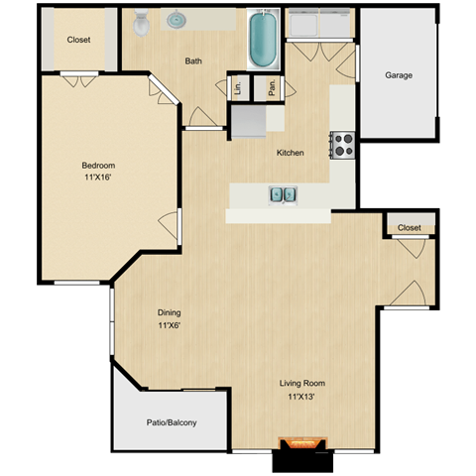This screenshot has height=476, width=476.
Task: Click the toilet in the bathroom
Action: pos(141,20)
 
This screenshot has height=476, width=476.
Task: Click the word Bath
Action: pos(194,61)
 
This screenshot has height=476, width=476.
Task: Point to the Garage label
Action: pos(399,75)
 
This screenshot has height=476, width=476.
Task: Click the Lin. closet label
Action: pos(238,87)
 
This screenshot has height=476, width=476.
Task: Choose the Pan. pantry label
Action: pos(271,87)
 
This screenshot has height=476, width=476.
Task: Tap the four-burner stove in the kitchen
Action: pos(342,145)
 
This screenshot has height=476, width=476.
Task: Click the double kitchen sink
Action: pos(281,194)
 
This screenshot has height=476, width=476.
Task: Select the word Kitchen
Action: pos(290,153)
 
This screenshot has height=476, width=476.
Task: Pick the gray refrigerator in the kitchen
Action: pos(250,121)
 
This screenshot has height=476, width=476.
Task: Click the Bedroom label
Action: pos(98,166)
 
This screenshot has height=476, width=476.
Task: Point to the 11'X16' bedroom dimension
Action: pos(98,179)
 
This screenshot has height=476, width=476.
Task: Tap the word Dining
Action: pos(169,311)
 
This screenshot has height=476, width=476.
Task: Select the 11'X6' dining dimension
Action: pos(169,325)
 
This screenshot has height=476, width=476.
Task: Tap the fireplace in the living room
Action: pos(301,444)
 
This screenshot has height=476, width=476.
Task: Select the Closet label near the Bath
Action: pos(79,40)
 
